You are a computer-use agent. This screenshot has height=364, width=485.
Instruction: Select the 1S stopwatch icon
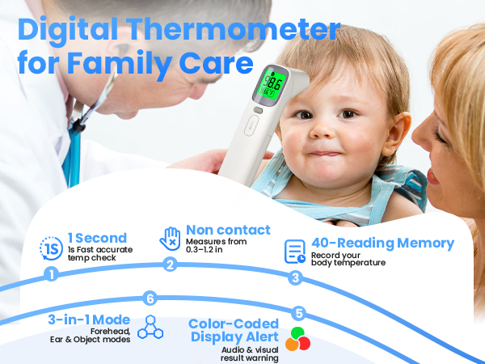pos(50,247)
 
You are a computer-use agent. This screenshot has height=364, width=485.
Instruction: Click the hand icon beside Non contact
pos(169,239)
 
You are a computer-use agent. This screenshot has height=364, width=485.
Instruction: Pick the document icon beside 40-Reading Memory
pos(295,251)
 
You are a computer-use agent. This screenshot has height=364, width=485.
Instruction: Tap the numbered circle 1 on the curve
pos(52,274)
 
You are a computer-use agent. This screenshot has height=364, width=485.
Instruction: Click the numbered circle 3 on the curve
pos(295,278)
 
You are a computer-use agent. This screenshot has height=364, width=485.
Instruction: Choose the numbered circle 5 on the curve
pos(300,313)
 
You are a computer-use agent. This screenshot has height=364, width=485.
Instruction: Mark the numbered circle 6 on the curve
pos(150,298)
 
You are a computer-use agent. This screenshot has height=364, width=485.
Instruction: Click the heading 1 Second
pos(97,238)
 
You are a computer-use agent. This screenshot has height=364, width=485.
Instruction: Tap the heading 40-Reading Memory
pos(384,243)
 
